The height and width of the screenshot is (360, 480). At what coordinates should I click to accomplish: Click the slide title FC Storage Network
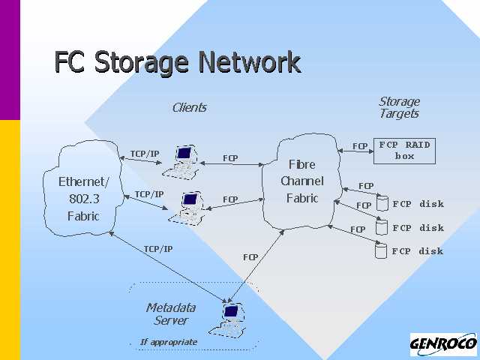(177, 62)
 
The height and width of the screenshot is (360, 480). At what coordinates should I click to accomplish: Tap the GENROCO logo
(443, 344)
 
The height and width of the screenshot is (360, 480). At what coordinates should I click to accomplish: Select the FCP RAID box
(404, 150)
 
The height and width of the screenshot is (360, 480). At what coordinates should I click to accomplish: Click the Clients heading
(189, 107)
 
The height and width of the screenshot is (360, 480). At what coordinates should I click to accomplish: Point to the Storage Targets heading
(399, 107)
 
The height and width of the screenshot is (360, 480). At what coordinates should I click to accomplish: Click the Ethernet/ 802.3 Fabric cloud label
(84, 199)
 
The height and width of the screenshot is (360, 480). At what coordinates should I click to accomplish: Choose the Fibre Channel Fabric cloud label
(302, 181)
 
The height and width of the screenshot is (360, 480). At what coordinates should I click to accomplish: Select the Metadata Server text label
(171, 313)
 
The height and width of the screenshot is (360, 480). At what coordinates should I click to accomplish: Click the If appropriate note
(169, 342)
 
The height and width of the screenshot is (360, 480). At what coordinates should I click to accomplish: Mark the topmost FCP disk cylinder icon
(382, 203)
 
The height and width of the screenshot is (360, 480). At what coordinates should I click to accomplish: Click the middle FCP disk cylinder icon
(382, 227)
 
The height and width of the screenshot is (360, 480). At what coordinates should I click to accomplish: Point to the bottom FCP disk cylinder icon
(382, 251)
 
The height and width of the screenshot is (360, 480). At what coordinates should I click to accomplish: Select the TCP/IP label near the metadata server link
(157, 249)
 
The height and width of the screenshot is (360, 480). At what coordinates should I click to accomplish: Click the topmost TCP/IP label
(145, 154)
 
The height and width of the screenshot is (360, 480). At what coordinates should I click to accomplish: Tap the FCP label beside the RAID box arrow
(360, 146)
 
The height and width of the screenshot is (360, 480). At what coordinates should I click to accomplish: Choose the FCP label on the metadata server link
(250, 257)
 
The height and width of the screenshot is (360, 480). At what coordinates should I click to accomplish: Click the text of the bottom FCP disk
(418, 251)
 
